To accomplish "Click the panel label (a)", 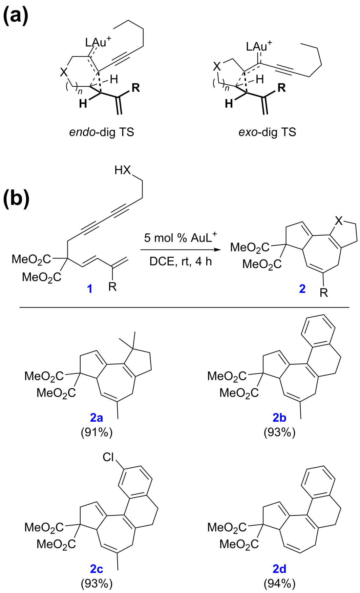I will pyautogui.click(x=16, y=16).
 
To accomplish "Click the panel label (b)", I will pyautogui.click(x=16, y=199).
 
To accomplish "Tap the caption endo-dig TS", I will pyautogui.click(x=102, y=132).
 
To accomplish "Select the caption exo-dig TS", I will pyautogui.click(x=267, y=132).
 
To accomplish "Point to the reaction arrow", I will pyautogui.click(x=179, y=250).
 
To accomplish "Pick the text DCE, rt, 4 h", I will pyautogui.click(x=181, y=261).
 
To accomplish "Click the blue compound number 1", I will pyautogui.click(x=90, y=289).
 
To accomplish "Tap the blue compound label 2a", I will pyautogui.click(x=96, y=418).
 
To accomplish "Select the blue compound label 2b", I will pyautogui.click(x=279, y=418).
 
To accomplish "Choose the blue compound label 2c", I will pyautogui.click(x=96, y=569).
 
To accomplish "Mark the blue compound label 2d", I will pyautogui.click(x=279, y=569).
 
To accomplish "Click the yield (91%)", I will pyautogui.click(x=97, y=432).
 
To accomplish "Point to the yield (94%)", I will pyautogui.click(x=279, y=584).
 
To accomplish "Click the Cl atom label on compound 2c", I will pyautogui.click(x=108, y=457).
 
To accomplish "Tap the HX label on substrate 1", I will pyautogui.click(x=122, y=170).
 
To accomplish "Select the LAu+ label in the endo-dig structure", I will pyautogui.click(x=98, y=42).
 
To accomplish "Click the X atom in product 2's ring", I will pyautogui.click(x=339, y=221).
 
